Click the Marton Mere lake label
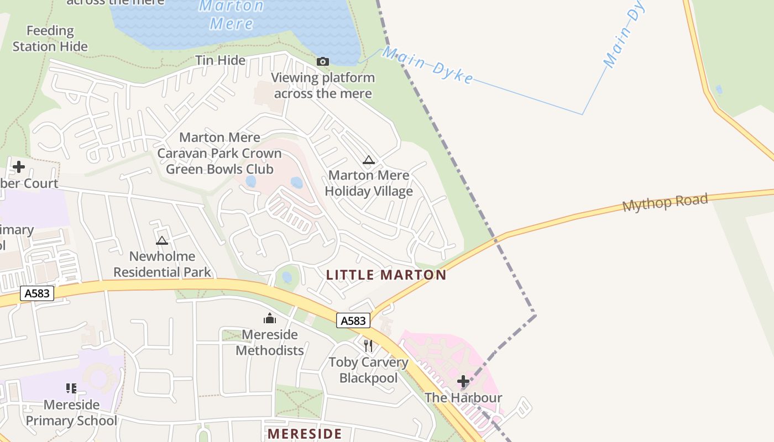click(231, 15)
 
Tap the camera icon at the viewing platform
click(323, 61)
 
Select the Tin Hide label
click(220, 60)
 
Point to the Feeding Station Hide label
click(50, 39)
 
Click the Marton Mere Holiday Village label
click(369, 183)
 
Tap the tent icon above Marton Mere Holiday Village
click(369, 160)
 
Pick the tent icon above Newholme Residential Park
click(161, 240)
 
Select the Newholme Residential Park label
click(162, 264)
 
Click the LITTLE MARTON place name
click(386, 275)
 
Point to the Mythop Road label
click(665, 202)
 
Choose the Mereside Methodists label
click(270, 343)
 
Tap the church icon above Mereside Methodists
click(270, 318)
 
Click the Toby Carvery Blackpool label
click(369, 370)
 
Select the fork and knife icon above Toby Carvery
click(368, 346)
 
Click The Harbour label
click(463, 398)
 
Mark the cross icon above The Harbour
click(463, 381)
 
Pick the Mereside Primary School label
click(71, 413)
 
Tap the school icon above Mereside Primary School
click(71, 388)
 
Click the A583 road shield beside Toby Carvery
click(353, 320)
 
